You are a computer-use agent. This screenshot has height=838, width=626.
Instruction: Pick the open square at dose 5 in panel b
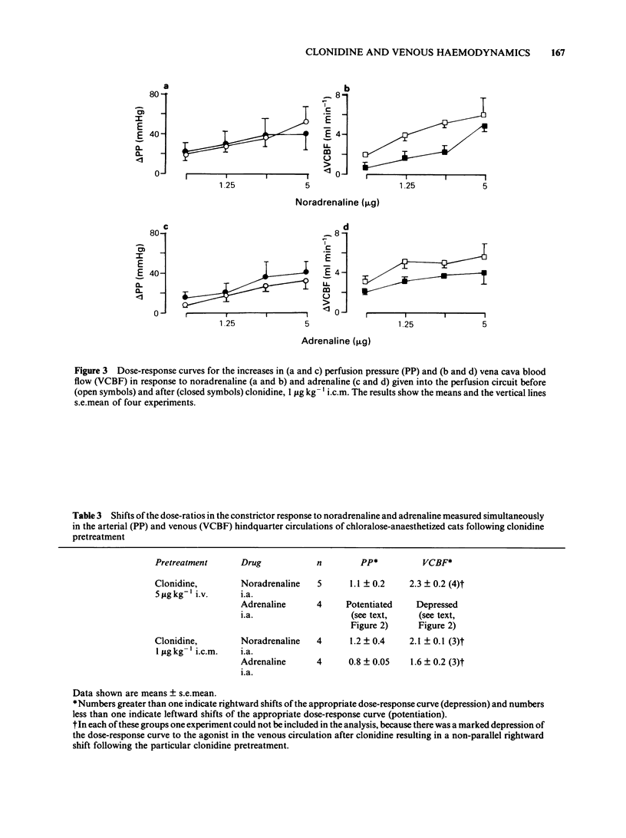point(484,115)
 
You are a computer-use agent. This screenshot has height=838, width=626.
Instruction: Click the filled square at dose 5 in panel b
point(484,127)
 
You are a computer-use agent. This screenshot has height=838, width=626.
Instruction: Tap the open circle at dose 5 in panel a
point(306,121)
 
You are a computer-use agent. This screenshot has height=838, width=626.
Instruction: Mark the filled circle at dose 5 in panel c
point(306,272)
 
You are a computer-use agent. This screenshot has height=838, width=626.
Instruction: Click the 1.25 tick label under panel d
point(406,325)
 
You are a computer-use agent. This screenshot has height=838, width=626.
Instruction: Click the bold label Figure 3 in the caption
point(84,372)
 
